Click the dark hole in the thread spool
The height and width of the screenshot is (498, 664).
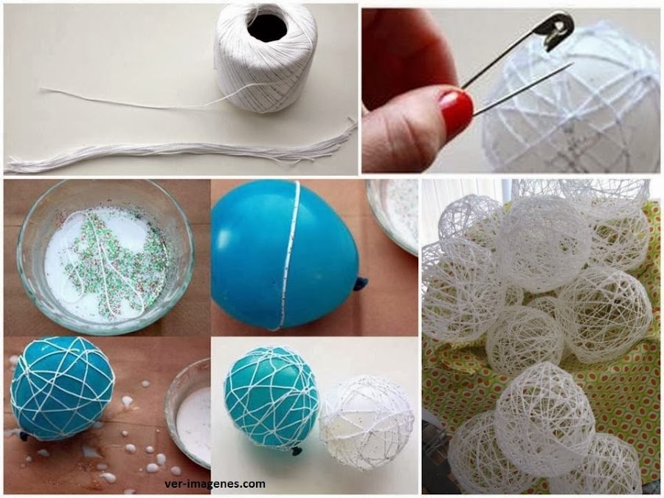click(268, 27)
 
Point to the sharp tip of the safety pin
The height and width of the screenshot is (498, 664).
click(571, 64)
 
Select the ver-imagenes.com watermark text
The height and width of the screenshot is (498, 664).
click(215, 484)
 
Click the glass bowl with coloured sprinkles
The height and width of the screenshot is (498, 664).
click(105, 257)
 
